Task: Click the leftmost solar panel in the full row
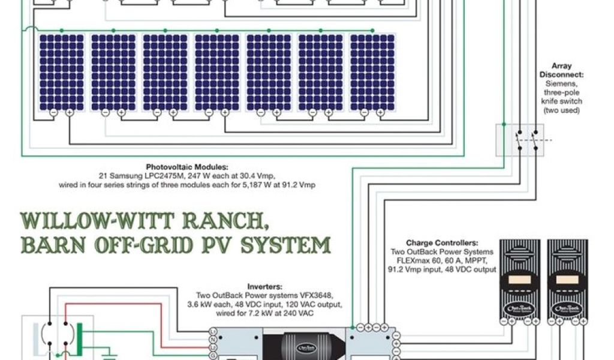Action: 62,72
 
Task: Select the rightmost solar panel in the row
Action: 372,72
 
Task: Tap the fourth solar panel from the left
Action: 217,72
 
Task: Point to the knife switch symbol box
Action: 519,140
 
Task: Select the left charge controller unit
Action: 520,280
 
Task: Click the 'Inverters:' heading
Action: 264,287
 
